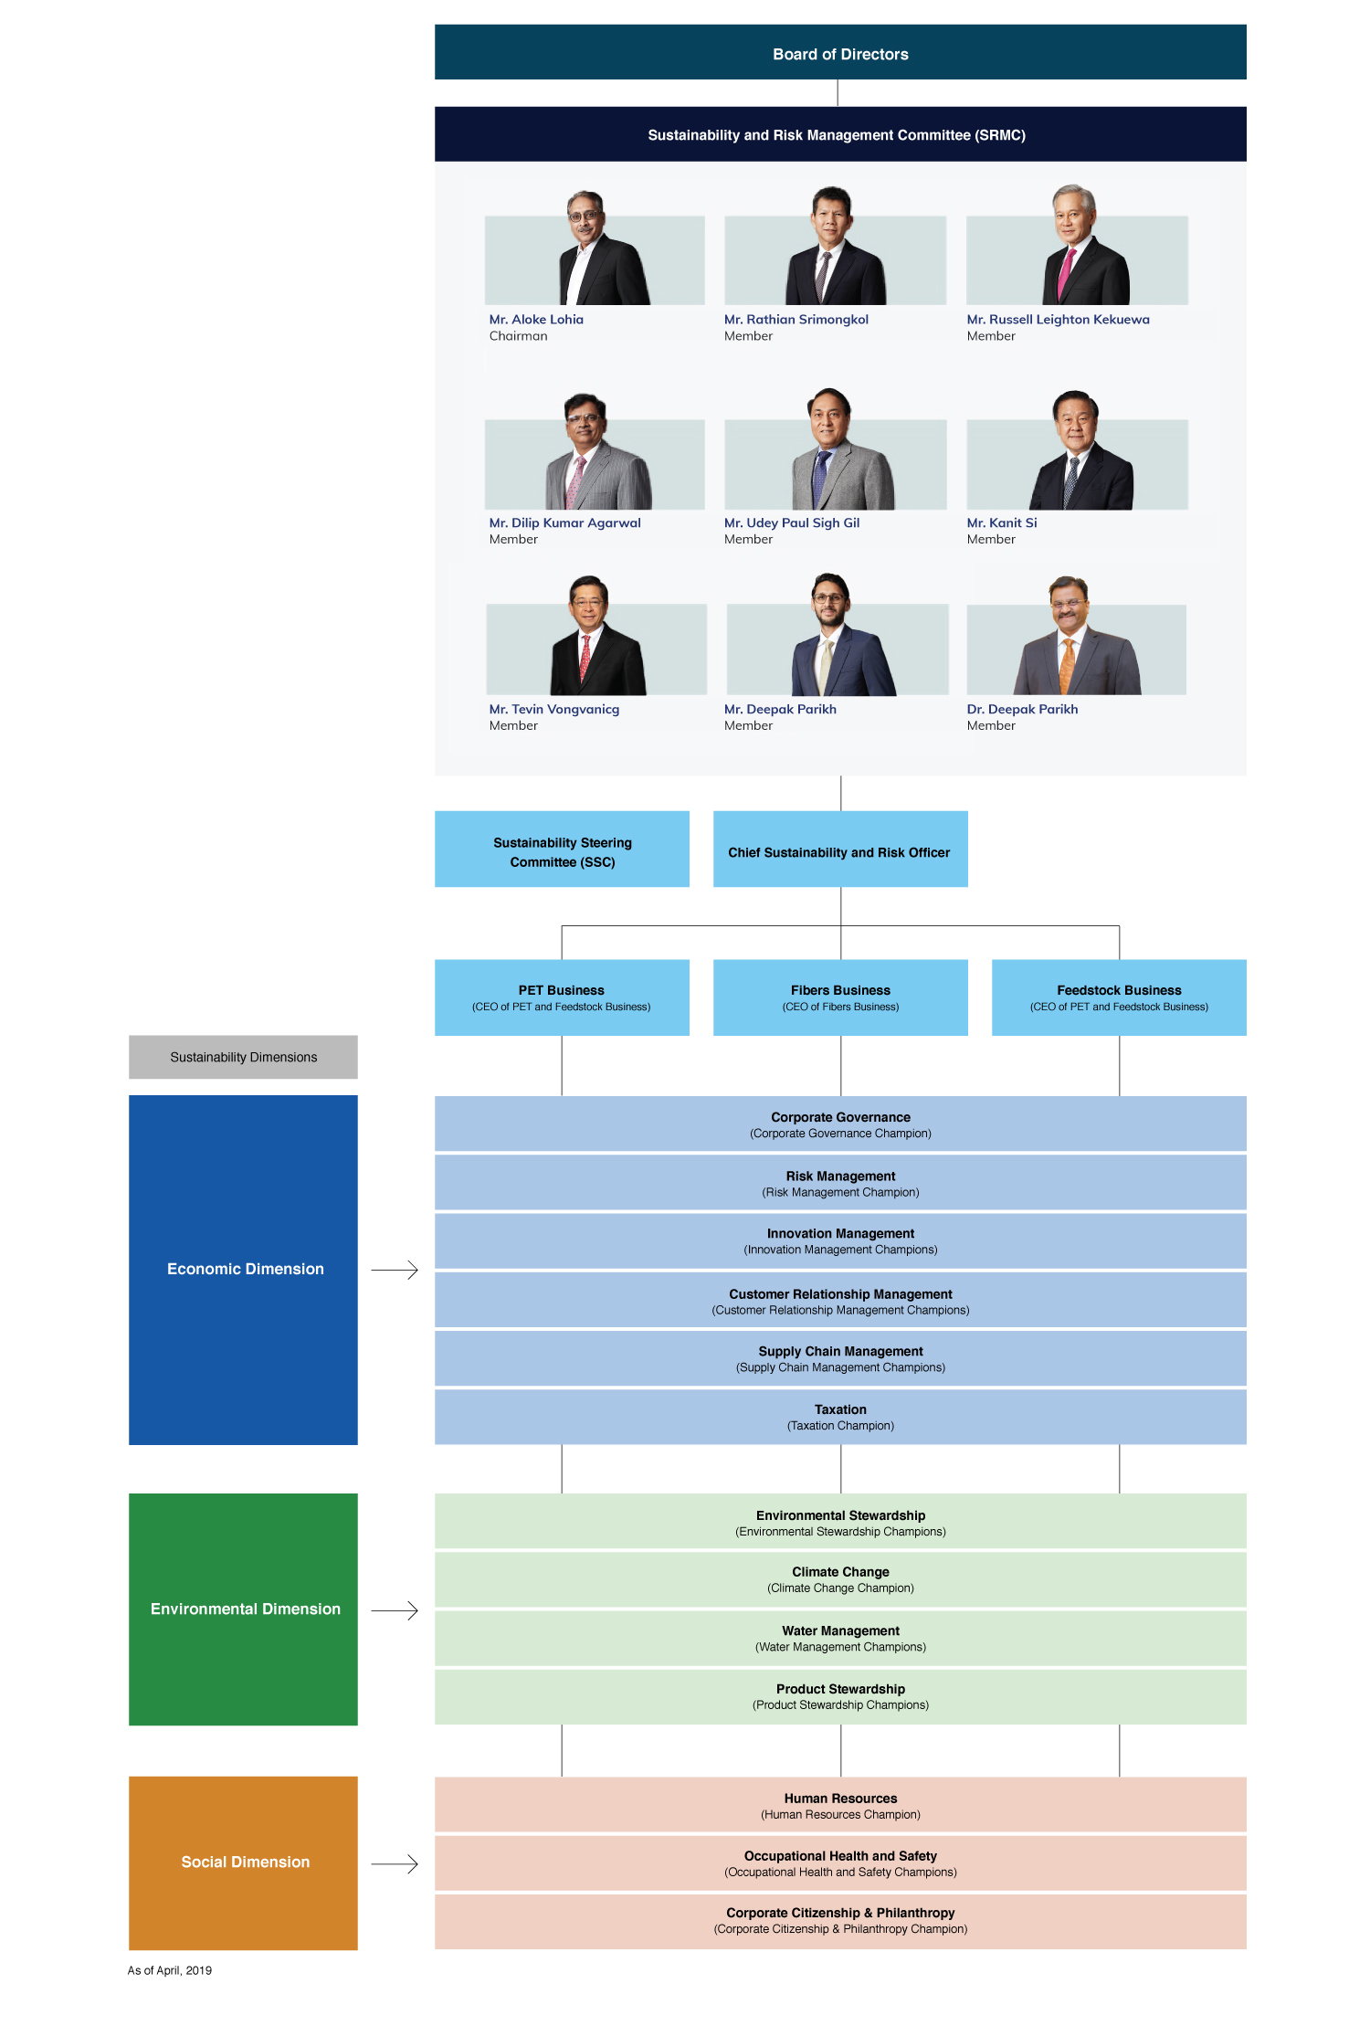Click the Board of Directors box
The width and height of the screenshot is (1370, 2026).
pos(840,52)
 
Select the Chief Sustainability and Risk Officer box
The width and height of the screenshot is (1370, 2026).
pos(840,849)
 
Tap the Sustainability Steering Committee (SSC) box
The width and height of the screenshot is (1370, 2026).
pos(562,849)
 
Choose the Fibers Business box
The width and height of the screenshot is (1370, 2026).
pos(840,997)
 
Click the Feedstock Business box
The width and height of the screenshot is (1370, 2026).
pos(1119,997)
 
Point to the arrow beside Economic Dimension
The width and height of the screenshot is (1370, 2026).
pos(395,1270)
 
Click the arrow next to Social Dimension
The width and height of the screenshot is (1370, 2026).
pos(395,1863)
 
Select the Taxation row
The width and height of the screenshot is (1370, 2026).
pos(840,1417)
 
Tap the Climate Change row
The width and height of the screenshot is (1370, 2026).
pos(840,1579)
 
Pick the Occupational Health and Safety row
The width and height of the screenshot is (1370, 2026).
pos(840,1863)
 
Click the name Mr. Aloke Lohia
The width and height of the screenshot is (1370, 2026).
pos(536,320)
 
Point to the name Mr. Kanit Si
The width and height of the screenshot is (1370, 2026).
pos(1002,522)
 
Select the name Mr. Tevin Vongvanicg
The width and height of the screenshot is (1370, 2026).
pos(554,710)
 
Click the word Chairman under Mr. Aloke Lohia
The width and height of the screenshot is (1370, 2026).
pos(518,336)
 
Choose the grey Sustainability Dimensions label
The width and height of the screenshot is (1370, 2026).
pos(243,1057)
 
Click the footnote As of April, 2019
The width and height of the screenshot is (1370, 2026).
pos(170,1970)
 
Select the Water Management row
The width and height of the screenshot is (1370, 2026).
pos(840,1638)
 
